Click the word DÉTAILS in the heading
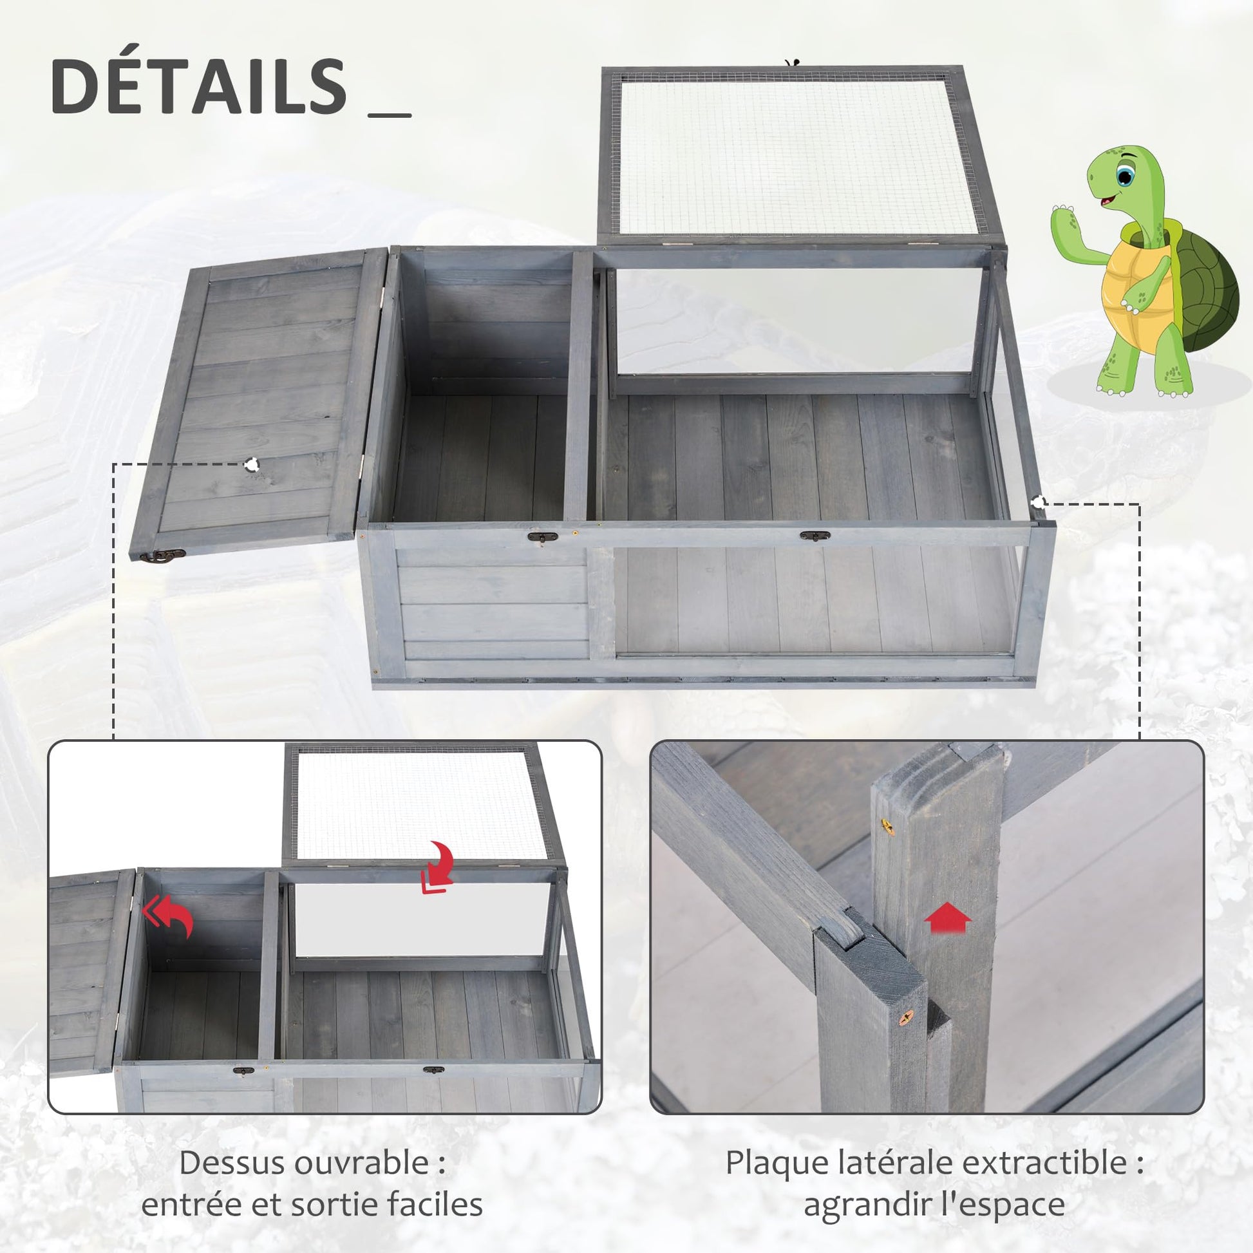(198, 86)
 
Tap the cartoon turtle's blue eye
(1126, 174)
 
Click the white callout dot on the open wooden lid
(252, 464)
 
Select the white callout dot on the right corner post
(1039, 502)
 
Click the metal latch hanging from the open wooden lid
(165, 555)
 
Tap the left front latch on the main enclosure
(542, 536)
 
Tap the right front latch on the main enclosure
(815, 536)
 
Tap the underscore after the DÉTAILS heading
(389, 115)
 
